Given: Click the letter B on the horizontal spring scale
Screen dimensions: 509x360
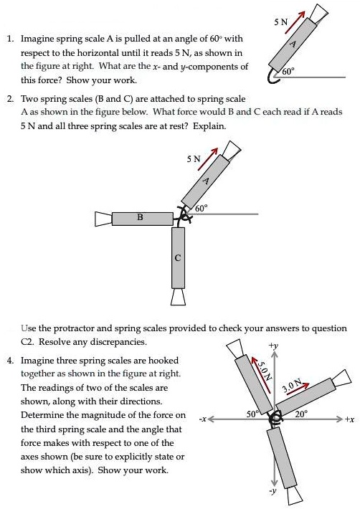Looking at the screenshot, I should pos(140,216).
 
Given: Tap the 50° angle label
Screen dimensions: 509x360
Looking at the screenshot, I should pos(251,414).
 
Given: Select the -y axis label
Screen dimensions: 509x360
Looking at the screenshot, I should pos(271,493).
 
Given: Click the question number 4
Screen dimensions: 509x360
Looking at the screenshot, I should pos(10,360).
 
